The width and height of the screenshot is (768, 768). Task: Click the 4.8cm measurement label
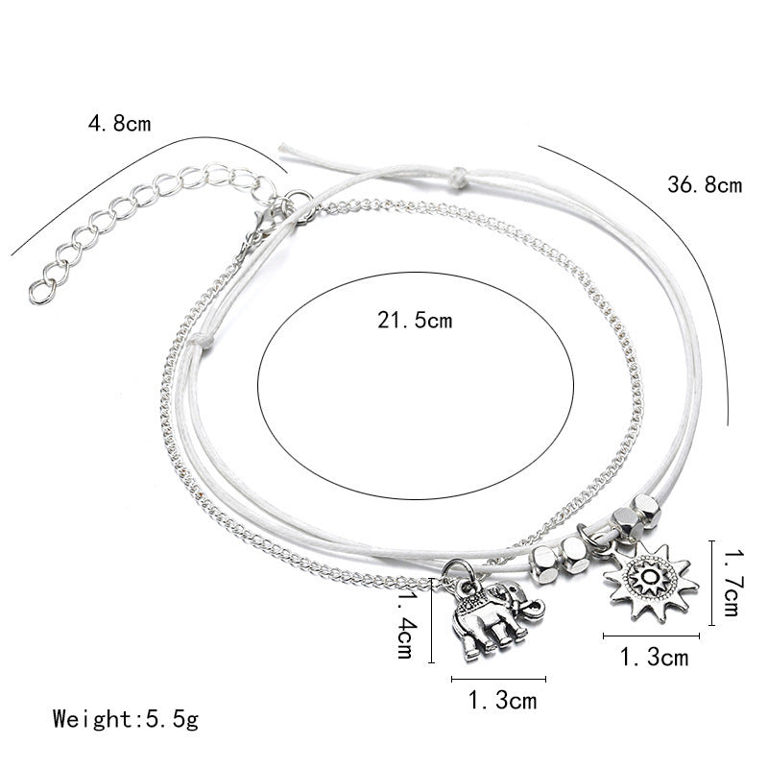pos(119,123)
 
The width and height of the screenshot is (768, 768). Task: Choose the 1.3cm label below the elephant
pos(503,701)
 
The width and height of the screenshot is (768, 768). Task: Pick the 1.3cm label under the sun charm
pos(654,658)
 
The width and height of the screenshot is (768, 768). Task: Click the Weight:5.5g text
pos(127,717)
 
